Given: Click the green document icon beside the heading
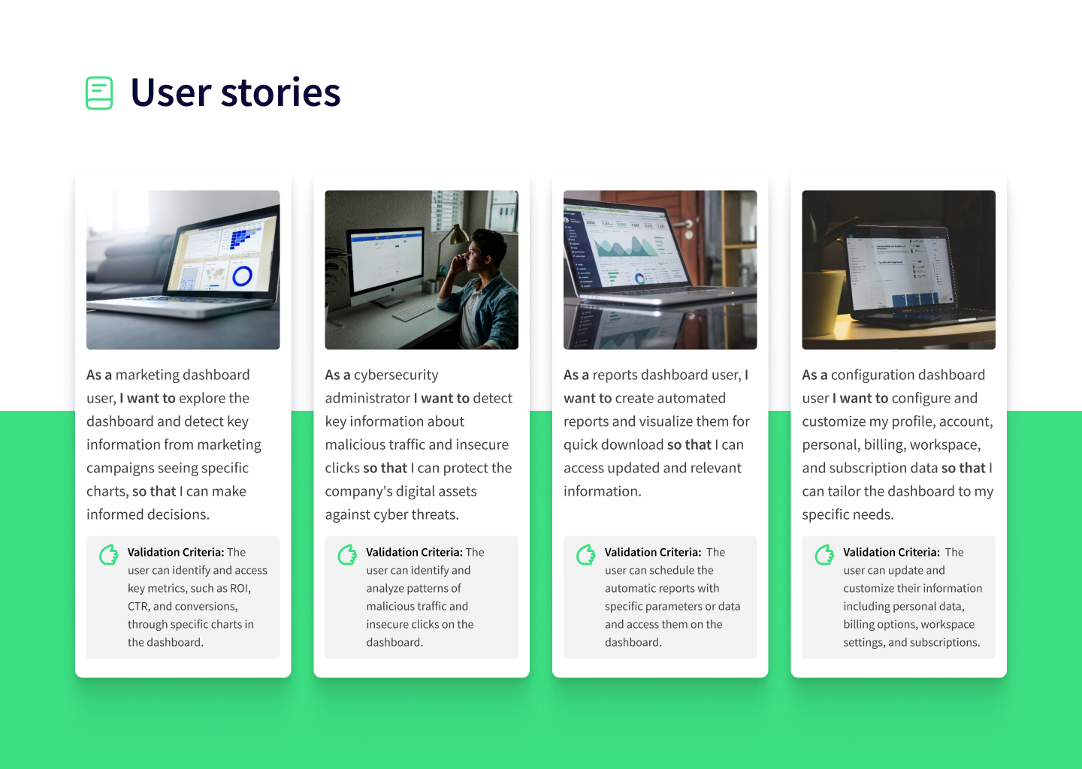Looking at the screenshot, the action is tap(99, 92).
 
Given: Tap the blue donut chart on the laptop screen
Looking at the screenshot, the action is tap(242, 276).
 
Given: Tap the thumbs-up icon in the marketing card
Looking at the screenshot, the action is tap(109, 555).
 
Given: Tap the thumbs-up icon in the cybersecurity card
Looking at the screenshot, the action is tap(347, 555).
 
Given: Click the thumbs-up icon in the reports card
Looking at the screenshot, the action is tap(586, 555).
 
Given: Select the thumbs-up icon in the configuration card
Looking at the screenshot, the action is tap(824, 555).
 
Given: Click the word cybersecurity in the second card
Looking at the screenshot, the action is tap(396, 375).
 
